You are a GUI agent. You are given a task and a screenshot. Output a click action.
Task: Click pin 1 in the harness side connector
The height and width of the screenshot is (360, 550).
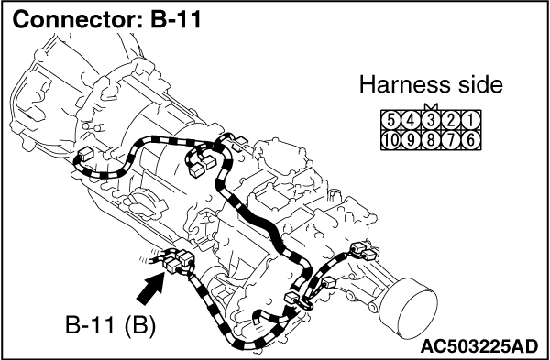click(x=471, y=120)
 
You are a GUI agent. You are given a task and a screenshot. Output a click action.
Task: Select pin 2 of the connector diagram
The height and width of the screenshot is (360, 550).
click(x=451, y=120)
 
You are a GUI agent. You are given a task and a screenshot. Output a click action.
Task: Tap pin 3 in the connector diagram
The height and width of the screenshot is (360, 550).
click(x=431, y=120)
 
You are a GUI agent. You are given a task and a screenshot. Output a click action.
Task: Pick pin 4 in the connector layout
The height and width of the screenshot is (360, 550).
click(x=411, y=120)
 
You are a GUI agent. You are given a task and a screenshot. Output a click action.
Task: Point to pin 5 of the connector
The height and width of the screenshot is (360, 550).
click(x=391, y=120)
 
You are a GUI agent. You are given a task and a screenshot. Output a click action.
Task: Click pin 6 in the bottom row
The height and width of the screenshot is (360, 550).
click(x=471, y=140)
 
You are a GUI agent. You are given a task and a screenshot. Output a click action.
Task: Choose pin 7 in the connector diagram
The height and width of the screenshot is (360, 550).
click(x=451, y=140)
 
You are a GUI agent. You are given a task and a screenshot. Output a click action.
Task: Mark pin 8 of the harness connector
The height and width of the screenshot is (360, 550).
click(x=431, y=140)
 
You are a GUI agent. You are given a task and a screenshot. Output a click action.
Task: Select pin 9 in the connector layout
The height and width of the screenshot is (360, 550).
click(x=411, y=140)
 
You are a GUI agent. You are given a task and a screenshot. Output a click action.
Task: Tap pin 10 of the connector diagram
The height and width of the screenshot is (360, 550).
click(x=391, y=140)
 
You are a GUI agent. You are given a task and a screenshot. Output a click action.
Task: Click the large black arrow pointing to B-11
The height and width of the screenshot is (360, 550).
click(x=151, y=289)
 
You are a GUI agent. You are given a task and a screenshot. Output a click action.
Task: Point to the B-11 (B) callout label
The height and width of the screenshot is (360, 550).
click(x=110, y=325)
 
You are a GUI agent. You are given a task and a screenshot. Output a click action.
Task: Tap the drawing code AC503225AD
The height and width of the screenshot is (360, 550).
click(x=479, y=346)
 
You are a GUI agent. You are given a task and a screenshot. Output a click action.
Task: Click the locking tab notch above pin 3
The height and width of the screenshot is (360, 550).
click(x=431, y=106)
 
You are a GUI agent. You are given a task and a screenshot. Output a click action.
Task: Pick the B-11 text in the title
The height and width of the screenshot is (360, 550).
click(x=176, y=19)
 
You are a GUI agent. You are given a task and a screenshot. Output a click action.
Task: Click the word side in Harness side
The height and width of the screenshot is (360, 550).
click(x=481, y=85)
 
